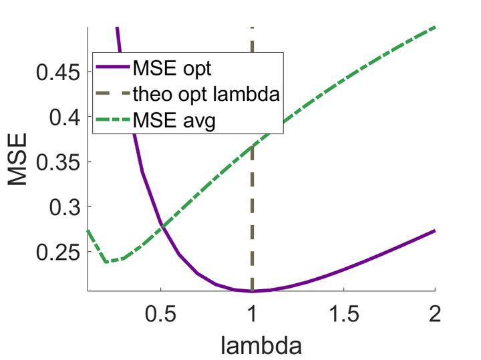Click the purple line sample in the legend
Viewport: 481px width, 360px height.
[112, 69]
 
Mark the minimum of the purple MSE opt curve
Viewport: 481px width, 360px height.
[252, 291]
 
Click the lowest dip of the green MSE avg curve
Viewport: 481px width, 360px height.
[107, 262]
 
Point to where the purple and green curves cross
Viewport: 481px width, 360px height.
[162, 228]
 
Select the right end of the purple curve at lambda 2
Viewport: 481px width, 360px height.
[435, 230]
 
